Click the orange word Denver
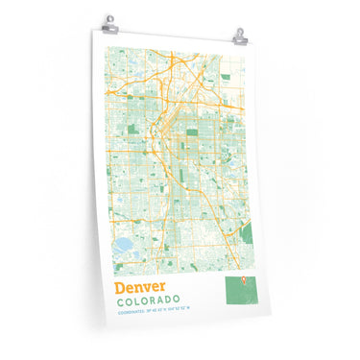[x=139, y=287]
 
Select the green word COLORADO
[x=149, y=301]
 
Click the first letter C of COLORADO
[x=118, y=301]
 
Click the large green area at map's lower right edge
[x=247, y=231]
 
